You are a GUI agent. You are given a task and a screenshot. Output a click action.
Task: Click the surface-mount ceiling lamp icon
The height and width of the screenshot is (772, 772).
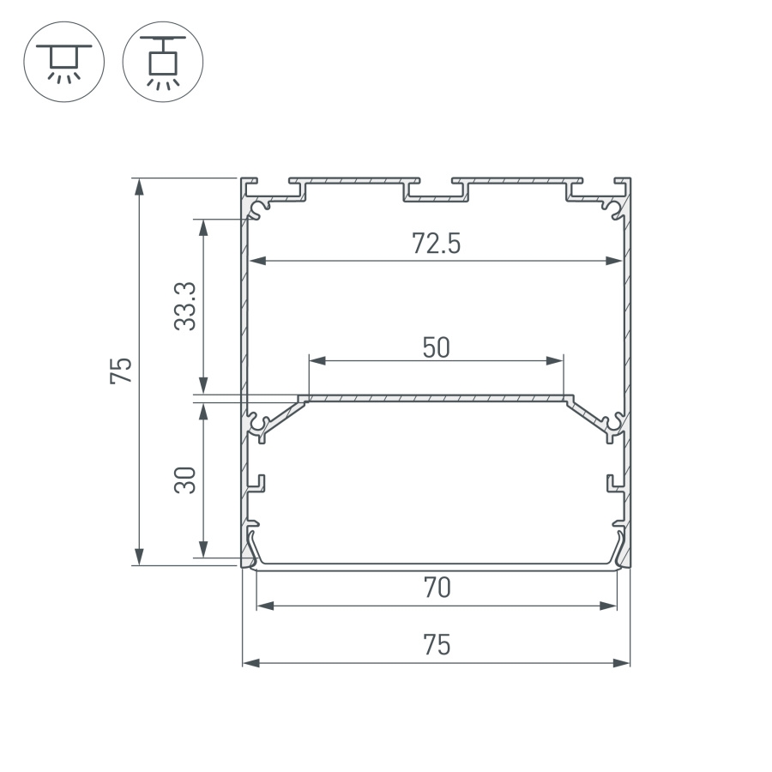point(63,62)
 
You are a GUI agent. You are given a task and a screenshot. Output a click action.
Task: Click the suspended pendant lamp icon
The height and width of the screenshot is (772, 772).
point(163,62)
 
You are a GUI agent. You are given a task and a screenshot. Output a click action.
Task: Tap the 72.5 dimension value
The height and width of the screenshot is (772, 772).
point(437,244)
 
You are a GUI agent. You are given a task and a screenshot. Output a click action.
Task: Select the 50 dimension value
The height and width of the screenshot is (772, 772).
point(436,347)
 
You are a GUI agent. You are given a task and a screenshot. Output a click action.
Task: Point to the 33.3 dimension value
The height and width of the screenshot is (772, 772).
point(186,306)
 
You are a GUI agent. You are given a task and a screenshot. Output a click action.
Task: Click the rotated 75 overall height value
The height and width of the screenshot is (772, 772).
point(122,371)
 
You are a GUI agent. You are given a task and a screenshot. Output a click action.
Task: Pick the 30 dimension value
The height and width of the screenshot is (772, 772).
point(186,479)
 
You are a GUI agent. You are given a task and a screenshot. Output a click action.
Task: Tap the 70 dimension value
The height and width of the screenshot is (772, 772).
point(437,588)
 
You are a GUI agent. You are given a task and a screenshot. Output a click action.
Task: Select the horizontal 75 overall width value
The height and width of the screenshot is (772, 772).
point(437,645)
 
